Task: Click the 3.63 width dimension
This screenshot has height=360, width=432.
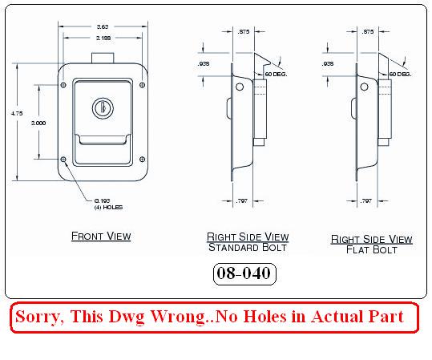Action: (103, 26)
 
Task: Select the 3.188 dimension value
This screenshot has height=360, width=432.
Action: (103, 38)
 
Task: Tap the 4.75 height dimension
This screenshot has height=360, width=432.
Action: (17, 113)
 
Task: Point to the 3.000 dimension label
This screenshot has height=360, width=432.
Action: (38, 123)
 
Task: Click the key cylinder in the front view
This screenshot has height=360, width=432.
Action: (103, 108)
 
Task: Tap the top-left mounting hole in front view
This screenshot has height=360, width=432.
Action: (63, 85)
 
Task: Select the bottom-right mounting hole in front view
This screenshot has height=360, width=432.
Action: (143, 159)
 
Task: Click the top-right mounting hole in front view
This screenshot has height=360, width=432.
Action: (143, 85)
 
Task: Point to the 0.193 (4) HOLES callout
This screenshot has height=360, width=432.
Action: (108, 204)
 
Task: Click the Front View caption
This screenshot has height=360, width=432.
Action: (101, 237)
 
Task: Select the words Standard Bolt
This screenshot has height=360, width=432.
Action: (248, 247)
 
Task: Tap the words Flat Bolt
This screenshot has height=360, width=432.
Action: (372, 249)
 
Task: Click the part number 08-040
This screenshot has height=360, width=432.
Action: (244, 273)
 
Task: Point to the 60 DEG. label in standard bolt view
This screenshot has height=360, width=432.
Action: (276, 74)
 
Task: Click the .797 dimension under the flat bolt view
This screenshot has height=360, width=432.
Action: (365, 201)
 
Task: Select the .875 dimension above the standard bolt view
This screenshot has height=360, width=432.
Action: (244, 32)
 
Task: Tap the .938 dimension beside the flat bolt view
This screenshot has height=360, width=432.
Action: (328, 64)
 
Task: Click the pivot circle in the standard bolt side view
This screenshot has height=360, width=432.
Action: (240, 87)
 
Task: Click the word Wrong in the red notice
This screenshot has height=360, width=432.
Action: (178, 317)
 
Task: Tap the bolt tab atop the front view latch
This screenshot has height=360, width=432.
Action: (103, 58)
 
